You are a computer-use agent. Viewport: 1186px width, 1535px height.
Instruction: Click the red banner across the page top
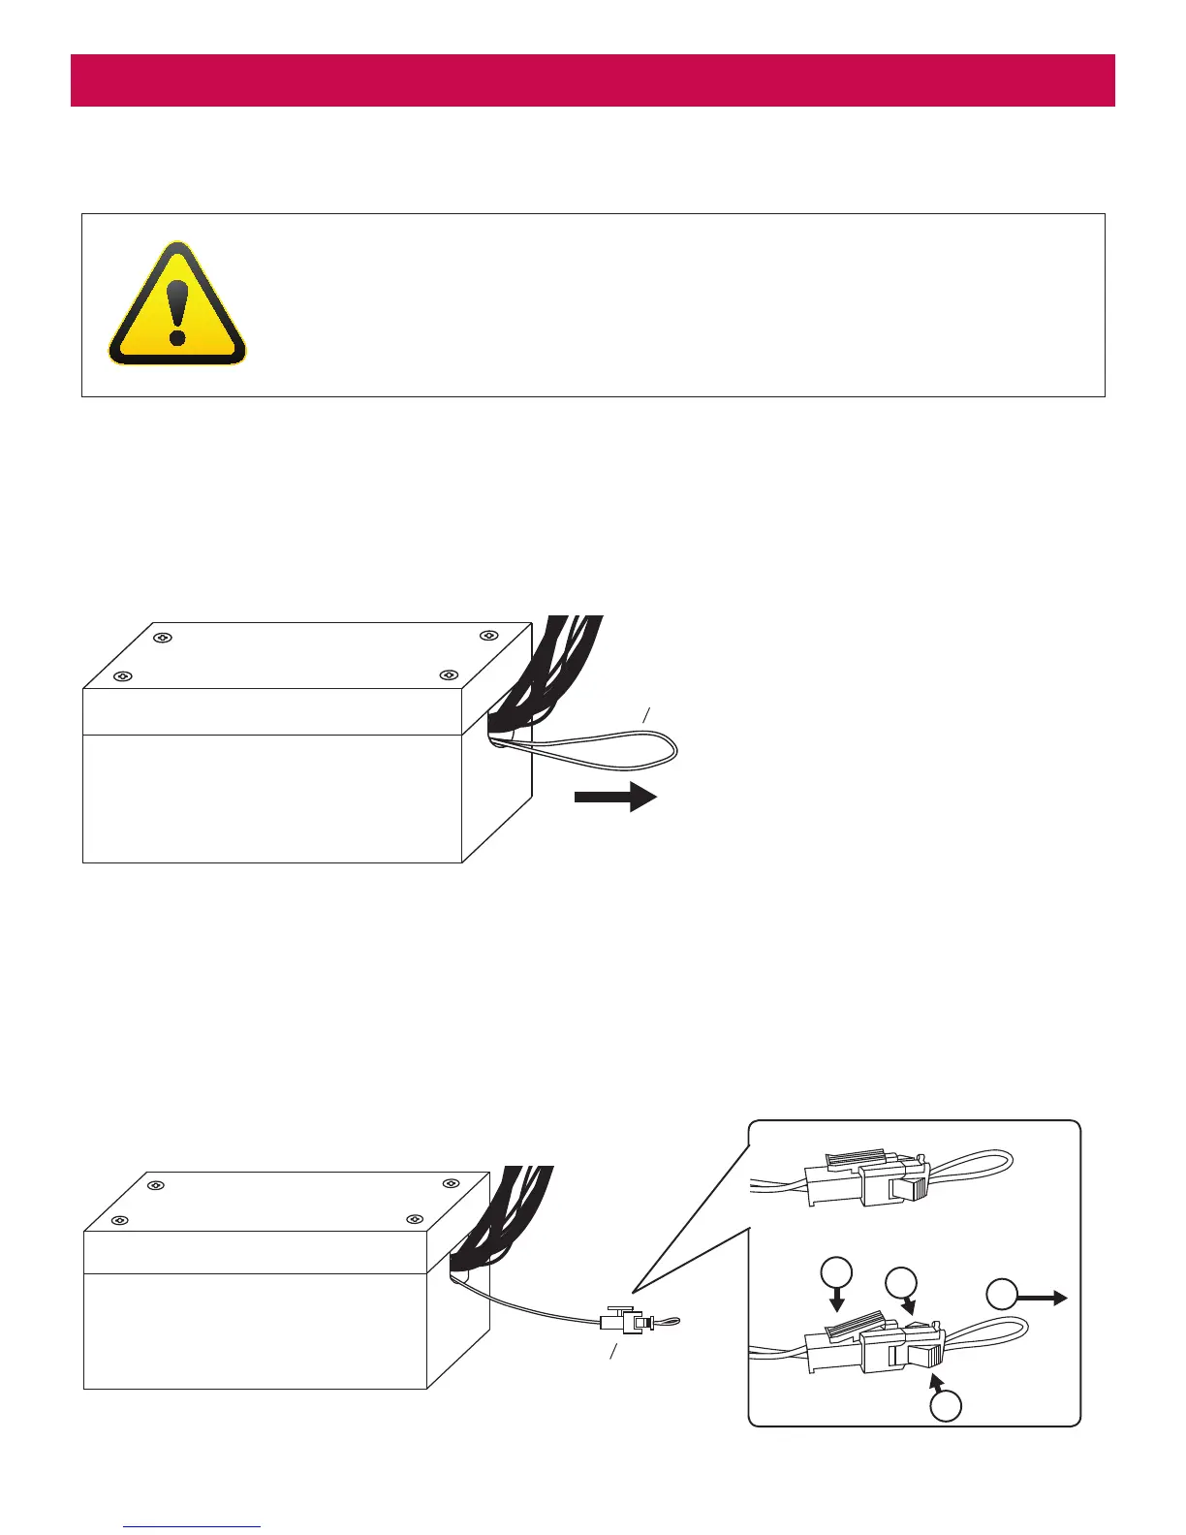(x=592, y=79)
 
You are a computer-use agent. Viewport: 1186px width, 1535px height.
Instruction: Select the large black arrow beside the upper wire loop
(x=616, y=797)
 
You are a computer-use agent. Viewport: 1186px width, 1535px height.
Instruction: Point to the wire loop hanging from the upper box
(x=620, y=746)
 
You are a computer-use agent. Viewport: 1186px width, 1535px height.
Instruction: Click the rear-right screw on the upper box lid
(x=488, y=636)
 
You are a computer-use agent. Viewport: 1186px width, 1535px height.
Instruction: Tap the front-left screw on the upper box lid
(x=122, y=675)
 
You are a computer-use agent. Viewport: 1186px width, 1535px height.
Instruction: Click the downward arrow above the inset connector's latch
(x=837, y=1299)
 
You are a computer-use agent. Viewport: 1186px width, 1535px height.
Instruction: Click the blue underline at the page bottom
(x=192, y=1526)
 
